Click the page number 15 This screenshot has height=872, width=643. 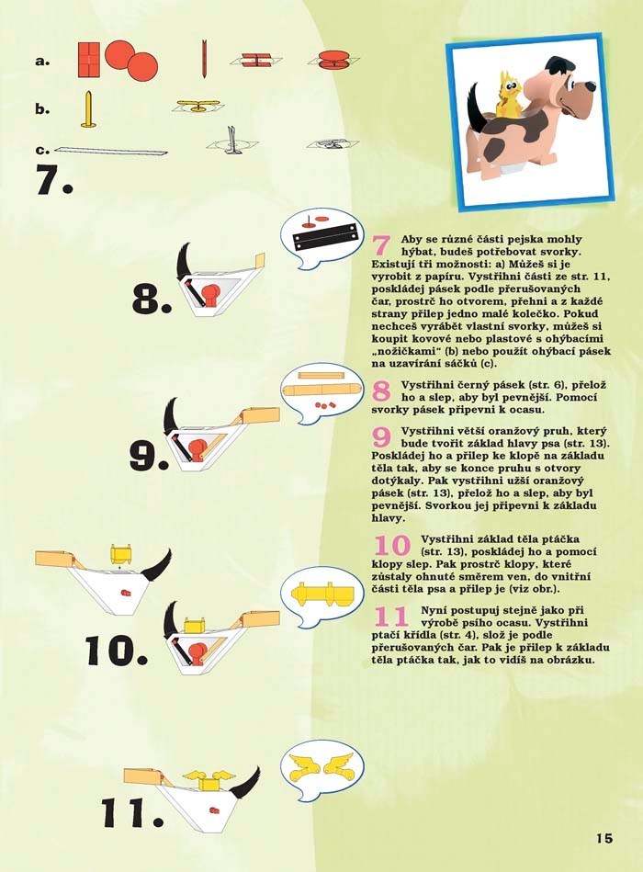[604, 838]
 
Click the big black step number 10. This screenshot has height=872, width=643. [117, 651]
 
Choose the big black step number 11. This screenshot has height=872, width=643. [132, 813]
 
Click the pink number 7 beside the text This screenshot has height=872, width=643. [381, 245]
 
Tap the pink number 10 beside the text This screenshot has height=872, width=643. [392, 545]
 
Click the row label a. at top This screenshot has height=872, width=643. [42, 62]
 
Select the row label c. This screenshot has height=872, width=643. [42, 150]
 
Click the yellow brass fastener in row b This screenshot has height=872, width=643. [88, 109]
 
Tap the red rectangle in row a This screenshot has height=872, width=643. [88, 60]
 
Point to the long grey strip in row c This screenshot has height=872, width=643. [110, 150]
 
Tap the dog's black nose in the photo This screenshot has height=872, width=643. [590, 85]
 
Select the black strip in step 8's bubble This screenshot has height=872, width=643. [324, 237]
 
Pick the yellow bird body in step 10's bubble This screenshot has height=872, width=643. [322, 595]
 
